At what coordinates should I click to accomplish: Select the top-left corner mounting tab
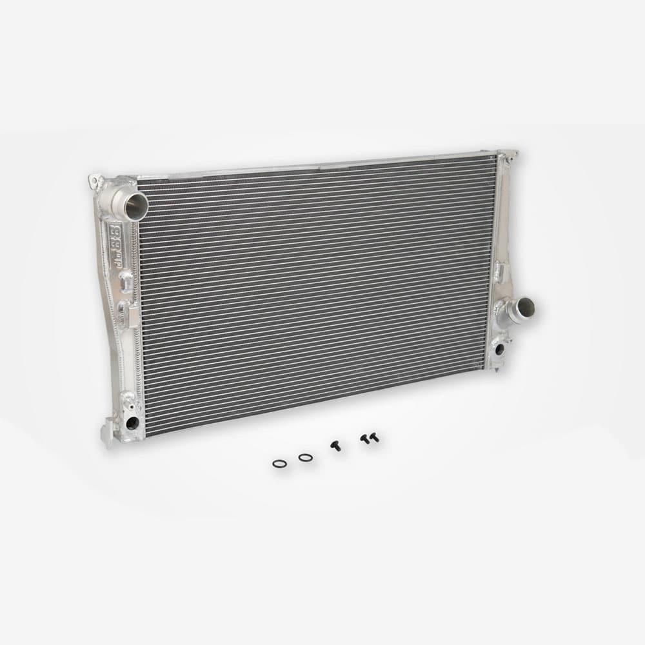[x=95, y=178]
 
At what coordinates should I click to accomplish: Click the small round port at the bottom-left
[x=132, y=423]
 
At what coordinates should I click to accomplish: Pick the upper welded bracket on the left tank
[x=126, y=279]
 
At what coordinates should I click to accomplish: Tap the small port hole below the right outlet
[x=499, y=350]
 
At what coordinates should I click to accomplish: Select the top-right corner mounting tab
[x=510, y=155]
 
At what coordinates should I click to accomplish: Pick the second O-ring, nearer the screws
[x=305, y=457]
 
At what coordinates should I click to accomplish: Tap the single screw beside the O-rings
[x=335, y=446]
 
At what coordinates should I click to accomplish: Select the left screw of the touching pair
[x=364, y=439]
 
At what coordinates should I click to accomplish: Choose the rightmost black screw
[x=374, y=438]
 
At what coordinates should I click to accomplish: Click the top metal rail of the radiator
[x=310, y=166]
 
